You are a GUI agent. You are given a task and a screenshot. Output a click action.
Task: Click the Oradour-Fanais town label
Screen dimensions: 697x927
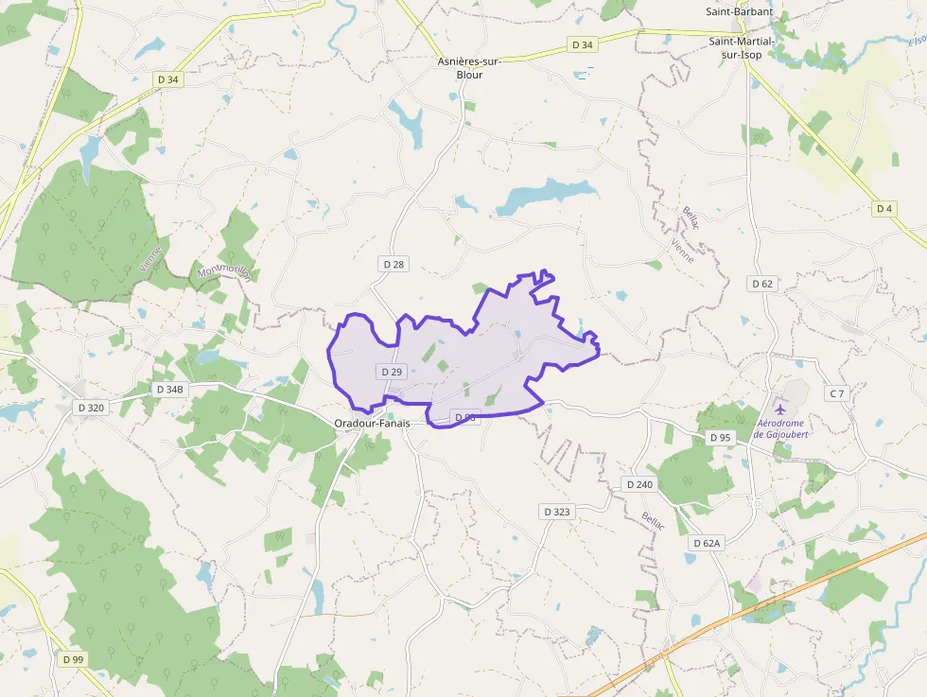click(372, 423)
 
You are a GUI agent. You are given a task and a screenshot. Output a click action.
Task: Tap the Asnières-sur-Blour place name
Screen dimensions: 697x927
click(469, 68)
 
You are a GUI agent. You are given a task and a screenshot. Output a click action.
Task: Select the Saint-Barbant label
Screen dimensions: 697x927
click(739, 12)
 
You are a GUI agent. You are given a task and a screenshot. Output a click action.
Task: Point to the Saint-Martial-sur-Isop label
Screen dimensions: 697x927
click(743, 48)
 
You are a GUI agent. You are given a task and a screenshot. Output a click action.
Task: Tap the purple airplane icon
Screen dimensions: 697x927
click(780, 409)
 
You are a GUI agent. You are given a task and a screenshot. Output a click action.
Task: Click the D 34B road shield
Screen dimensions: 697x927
click(169, 389)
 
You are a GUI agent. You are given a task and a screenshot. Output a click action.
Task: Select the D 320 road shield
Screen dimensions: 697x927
click(91, 408)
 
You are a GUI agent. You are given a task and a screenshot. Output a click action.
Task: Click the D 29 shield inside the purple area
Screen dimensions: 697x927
click(392, 372)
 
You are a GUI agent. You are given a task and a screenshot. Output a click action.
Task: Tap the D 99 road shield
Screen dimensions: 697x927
click(72, 658)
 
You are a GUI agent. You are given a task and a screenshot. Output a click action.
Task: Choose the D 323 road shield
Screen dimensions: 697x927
click(557, 512)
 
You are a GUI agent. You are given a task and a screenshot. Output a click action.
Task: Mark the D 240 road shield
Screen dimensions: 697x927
click(639, 484)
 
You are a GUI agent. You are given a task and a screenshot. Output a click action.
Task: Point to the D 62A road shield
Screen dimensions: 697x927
click(706, 543)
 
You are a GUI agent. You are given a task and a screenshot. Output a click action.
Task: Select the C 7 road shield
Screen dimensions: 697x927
click(836, 392)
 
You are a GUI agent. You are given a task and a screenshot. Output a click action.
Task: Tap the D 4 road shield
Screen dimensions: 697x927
click(884, 208)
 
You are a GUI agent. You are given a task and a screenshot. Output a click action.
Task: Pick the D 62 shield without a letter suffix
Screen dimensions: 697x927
click(761, 283)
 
